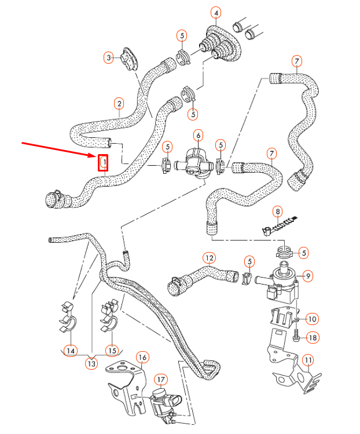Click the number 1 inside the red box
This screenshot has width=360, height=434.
[x=104, y=163]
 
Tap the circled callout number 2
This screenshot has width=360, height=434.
[x=119, y=104]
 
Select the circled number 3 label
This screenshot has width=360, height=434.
[x=108, y=57]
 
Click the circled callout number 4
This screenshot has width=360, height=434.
[x=216, y=13]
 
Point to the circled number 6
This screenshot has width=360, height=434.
[x=198, y=136]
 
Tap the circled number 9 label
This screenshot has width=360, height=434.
[x=308, y=275]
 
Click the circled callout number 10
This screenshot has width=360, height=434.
[x=312, y=318]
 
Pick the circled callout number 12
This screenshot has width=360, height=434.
[x=209, y=257]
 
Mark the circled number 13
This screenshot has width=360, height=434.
[x=91, y=363]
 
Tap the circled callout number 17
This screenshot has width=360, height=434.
[x=161, y=380]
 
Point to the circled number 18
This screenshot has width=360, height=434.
[x=313, y=337]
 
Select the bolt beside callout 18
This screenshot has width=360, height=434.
[x=296, y=335]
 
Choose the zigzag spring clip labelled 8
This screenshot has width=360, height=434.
[x=279, y=225]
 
